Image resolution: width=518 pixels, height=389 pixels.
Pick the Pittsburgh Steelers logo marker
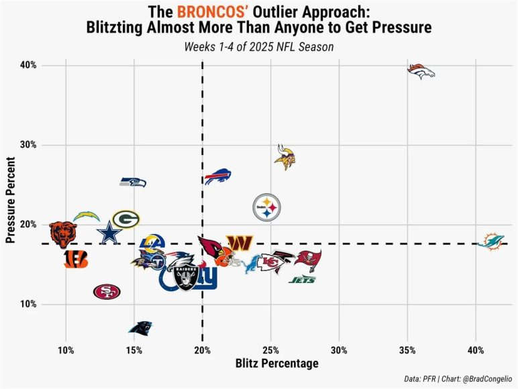click(266, 208)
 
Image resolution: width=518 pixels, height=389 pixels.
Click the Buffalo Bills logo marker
click(217, 178)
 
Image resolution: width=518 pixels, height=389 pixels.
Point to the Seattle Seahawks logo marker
click(133, 182)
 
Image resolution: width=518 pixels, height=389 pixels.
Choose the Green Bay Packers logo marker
click(125, 219)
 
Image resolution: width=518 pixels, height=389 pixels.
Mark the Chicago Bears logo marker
click(64, 232)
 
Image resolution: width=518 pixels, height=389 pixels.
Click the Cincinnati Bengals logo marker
click(76, 260)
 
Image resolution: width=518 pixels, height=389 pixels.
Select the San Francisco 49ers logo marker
click(107, 291)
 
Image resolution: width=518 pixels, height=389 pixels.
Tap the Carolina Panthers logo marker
click(141, 328)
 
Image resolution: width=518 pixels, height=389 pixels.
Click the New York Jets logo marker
click(302, 280)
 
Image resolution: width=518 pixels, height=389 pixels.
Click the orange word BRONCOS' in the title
click(209, 12)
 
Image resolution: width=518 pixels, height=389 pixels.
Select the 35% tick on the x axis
click(407, 351)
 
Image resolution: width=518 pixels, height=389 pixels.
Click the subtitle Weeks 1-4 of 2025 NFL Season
click(258, 47)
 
